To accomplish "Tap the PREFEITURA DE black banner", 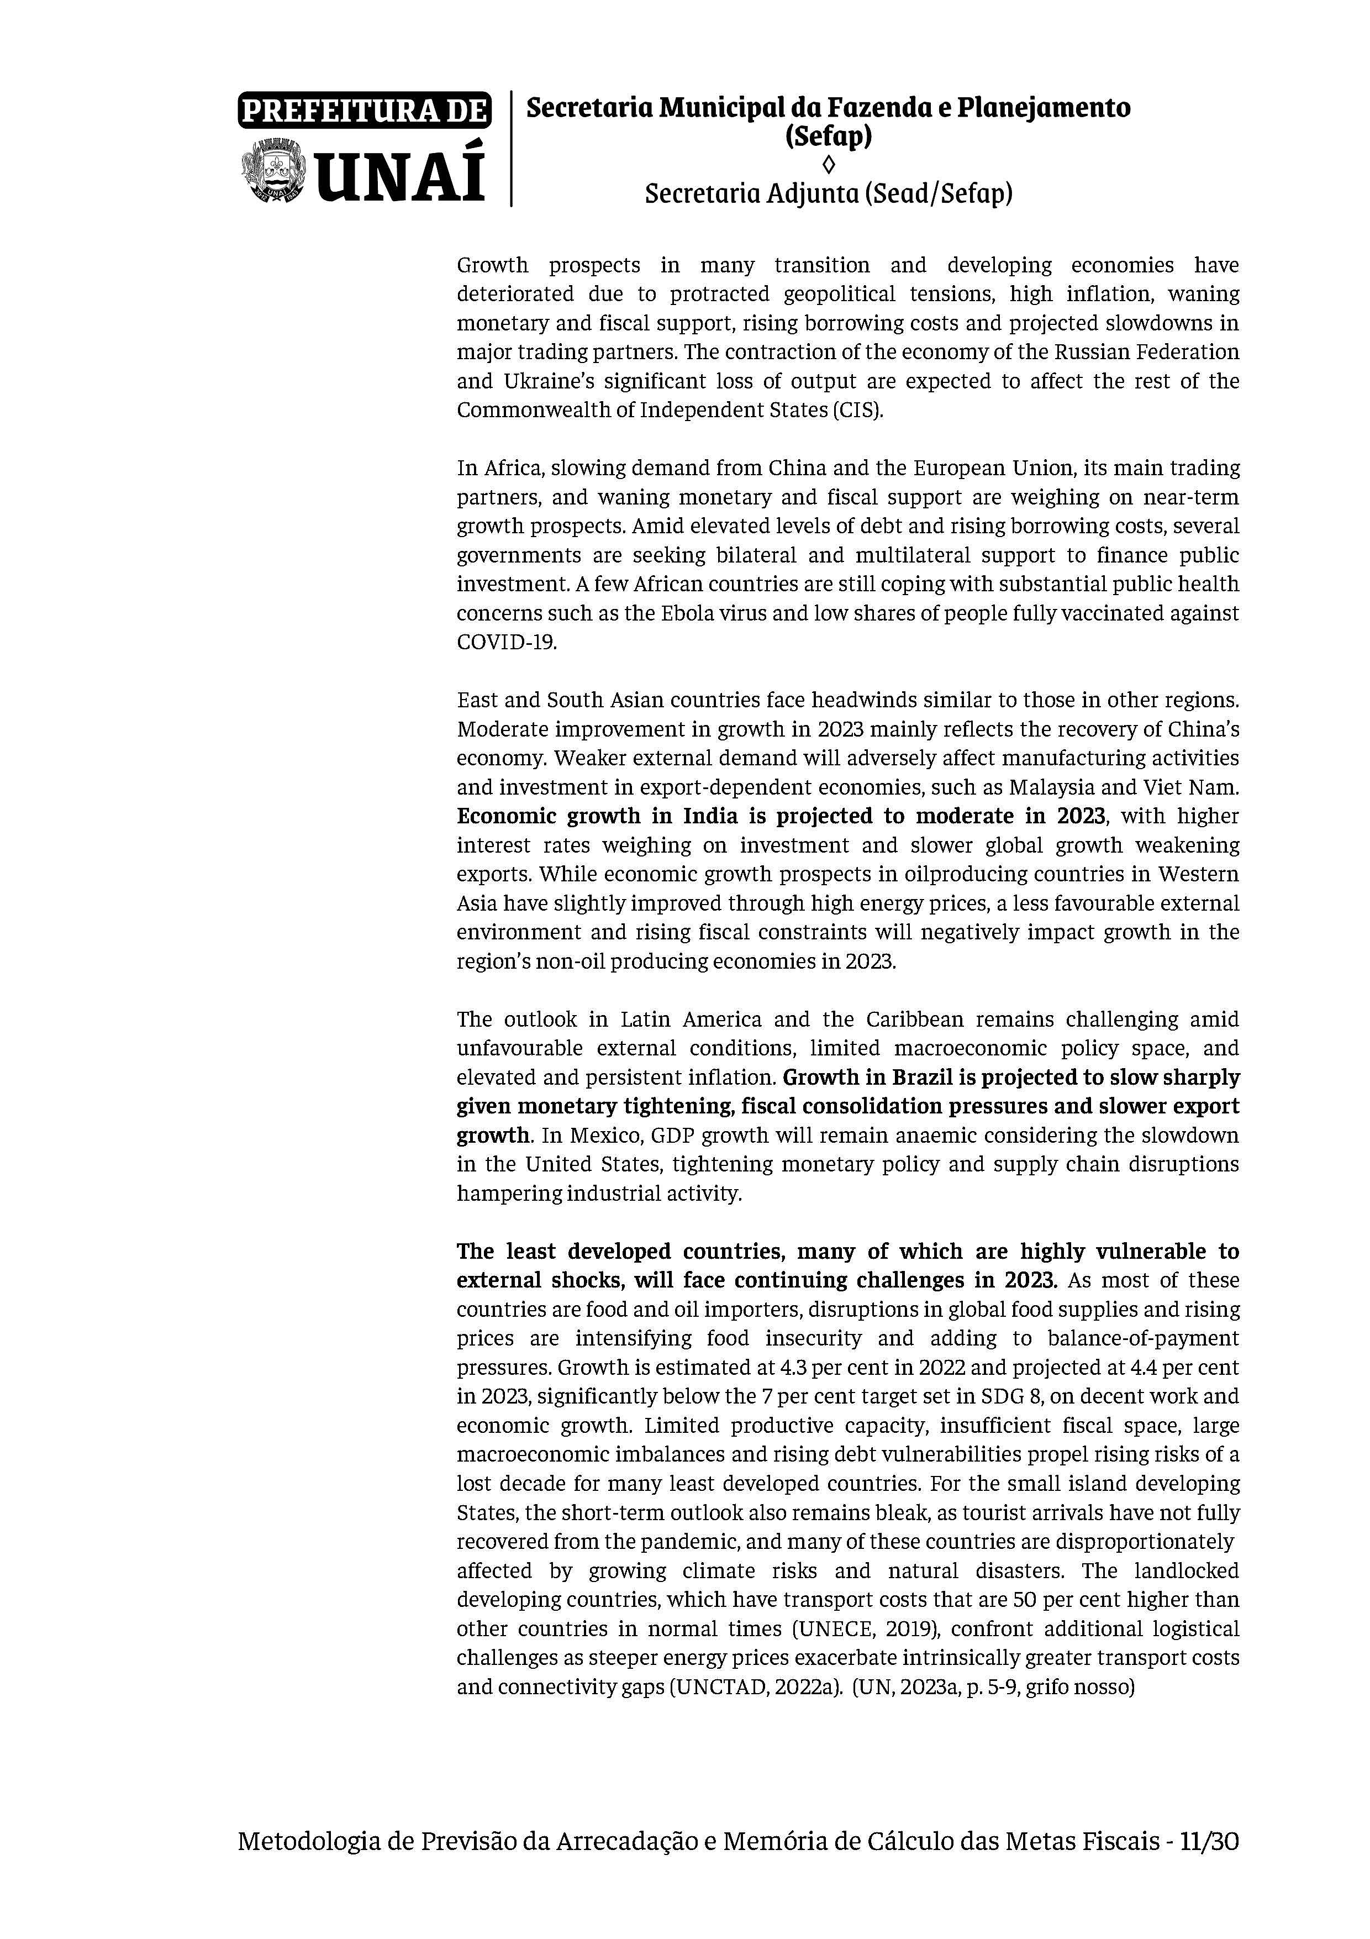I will pyautogui.click(x=364, y=110).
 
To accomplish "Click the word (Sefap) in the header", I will pyautogui.click(x=828, y=136).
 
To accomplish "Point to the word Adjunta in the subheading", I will pyautogui.click(x=810, y=195).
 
